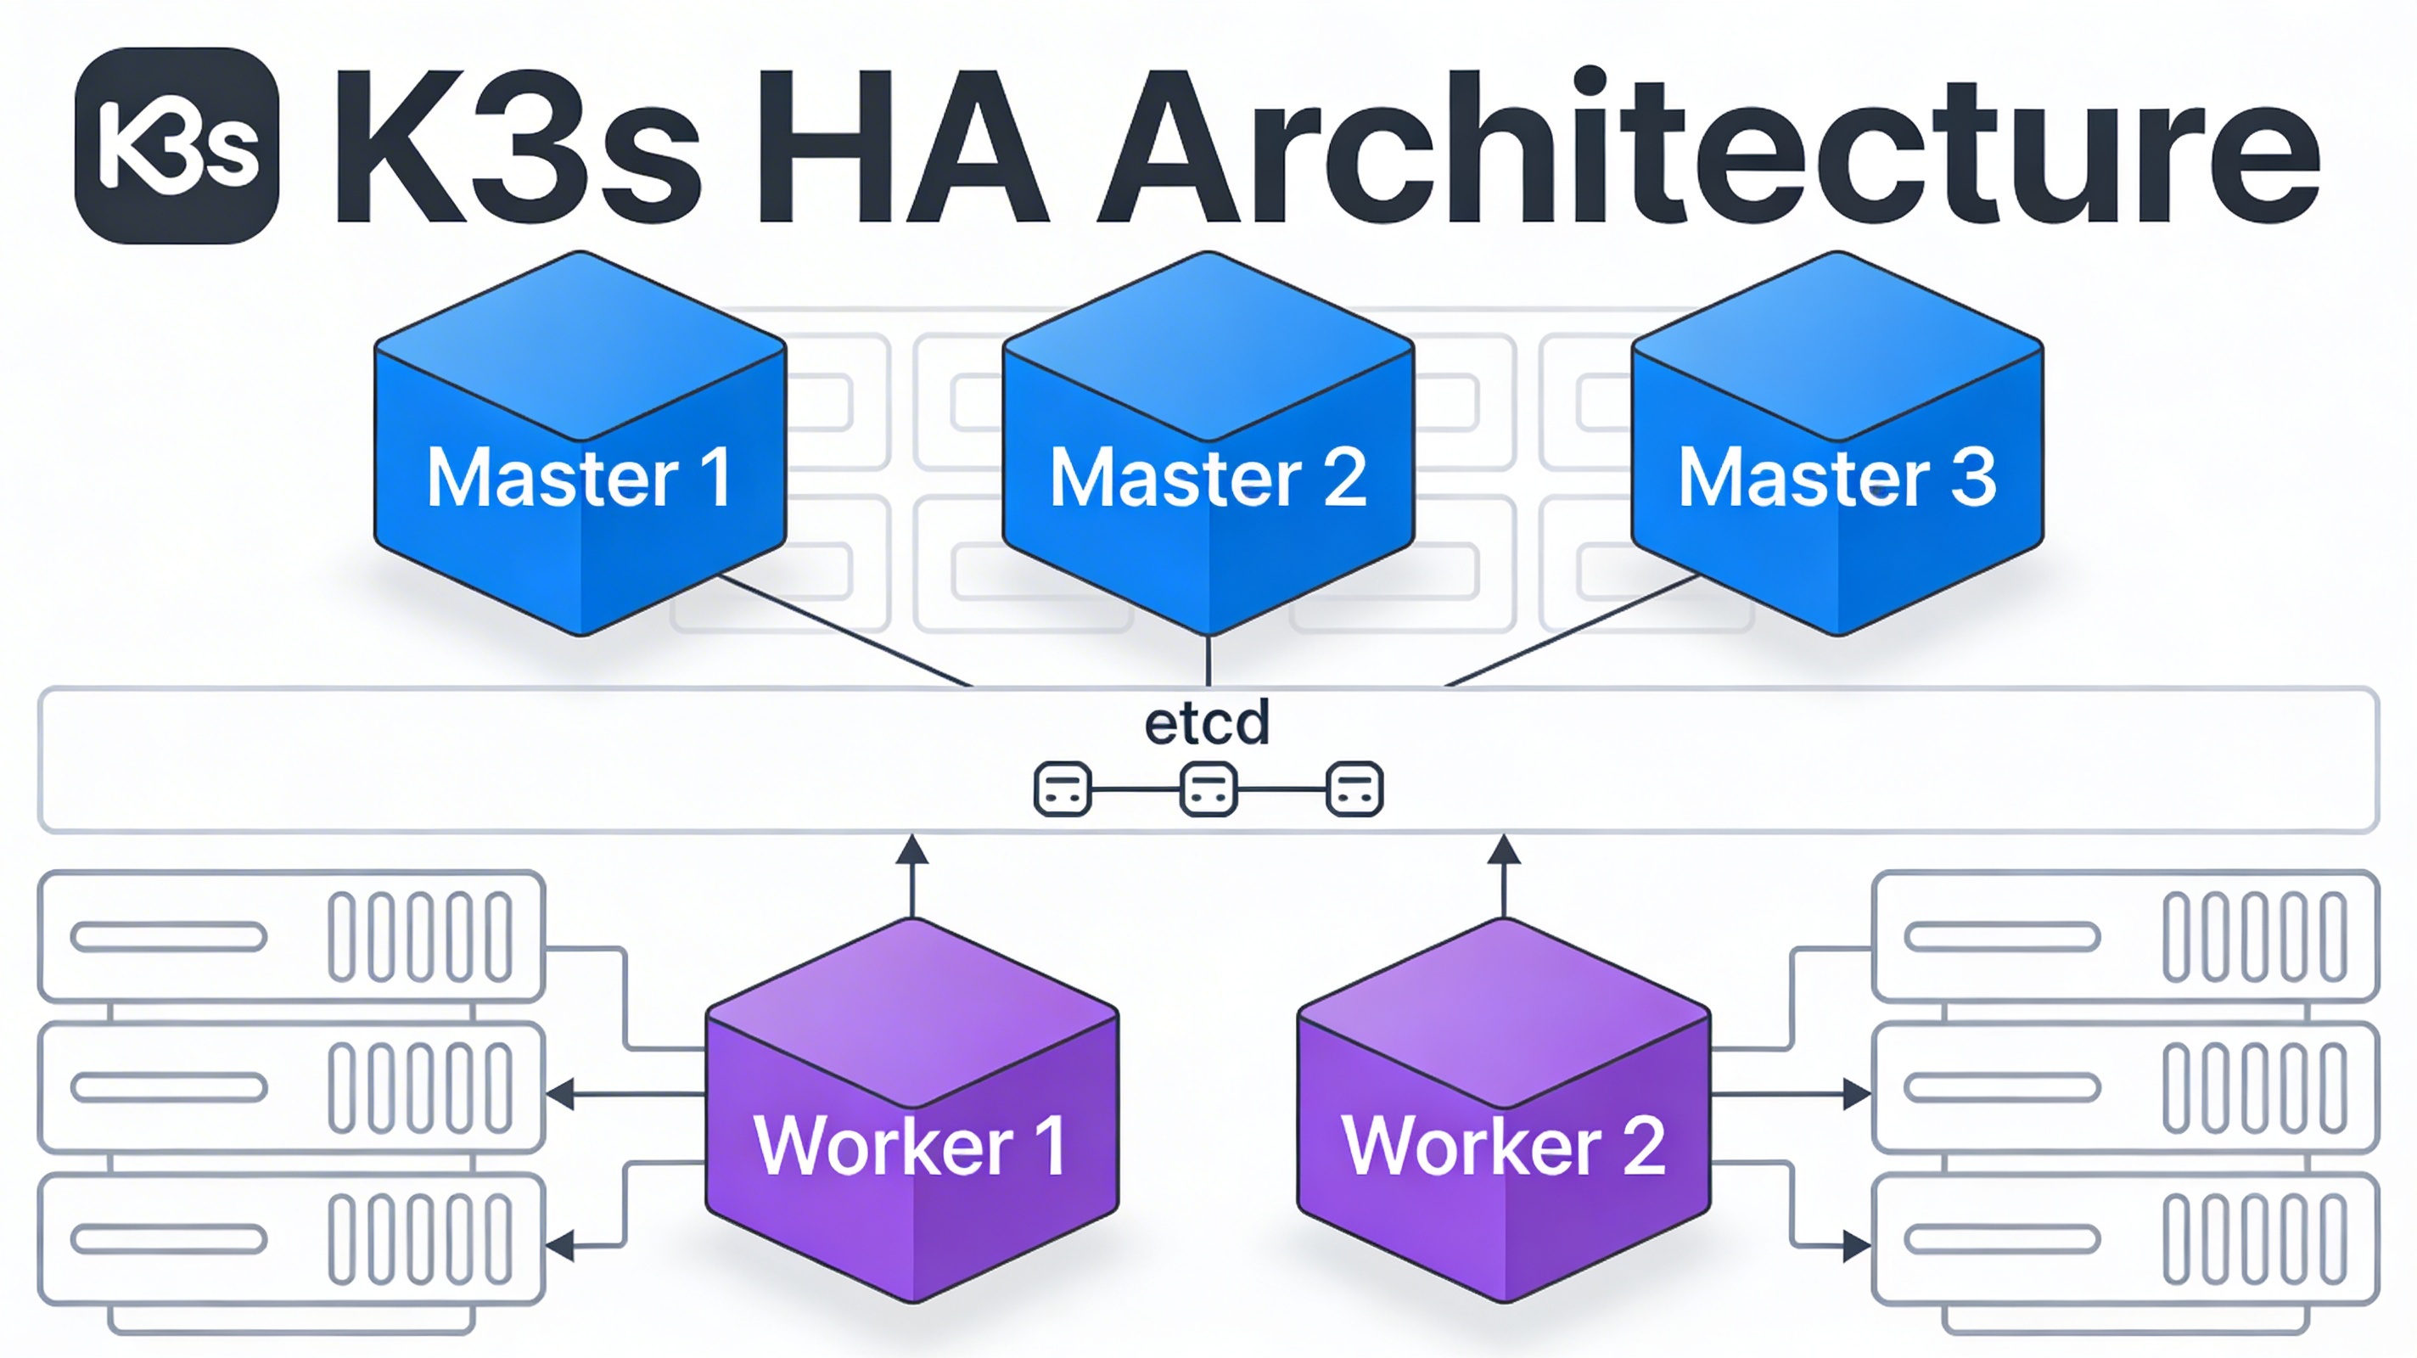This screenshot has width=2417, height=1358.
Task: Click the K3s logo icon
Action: pos(177,146)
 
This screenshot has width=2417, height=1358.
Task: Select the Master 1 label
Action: pos(580,478)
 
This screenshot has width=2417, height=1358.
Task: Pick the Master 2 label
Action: pos(1208,478)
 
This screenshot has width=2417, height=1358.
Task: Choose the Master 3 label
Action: pos(1837,478)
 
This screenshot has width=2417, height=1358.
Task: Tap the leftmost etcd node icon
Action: pos(1063,789)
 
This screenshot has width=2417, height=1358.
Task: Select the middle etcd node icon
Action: pos(1208,789)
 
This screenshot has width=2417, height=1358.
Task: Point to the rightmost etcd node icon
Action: pos(1354,789)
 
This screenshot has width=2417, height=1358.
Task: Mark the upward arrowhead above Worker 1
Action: pos(912,850)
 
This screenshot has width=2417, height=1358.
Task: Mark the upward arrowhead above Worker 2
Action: pos(1504,850)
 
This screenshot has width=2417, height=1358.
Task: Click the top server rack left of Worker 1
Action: pos(291,937)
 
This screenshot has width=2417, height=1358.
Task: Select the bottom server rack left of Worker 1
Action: pos(291,1239)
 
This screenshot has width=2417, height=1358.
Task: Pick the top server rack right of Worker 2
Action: pos(2125,937)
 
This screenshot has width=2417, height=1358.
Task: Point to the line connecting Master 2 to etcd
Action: pos(1208,662)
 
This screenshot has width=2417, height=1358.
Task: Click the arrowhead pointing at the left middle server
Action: pos(560,1094)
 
